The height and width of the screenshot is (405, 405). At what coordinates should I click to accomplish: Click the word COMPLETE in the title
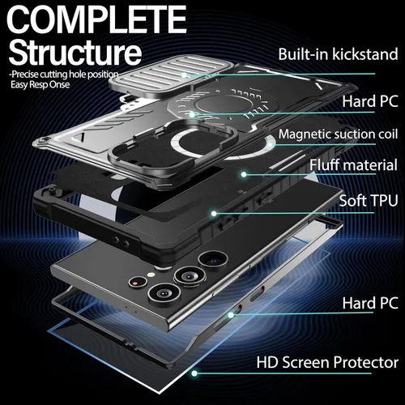pyautogui.click(x=97, y=19)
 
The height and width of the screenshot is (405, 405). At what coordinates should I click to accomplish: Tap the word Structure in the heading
pyautogui.click(x=75, y=52)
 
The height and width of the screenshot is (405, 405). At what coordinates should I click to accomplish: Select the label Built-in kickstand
pyautogui.click(x=338, y=54)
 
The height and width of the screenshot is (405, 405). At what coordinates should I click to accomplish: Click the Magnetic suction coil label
pyautogui.click(x=338, y=134)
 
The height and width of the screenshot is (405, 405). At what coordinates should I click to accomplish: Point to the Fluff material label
pyautogui.click(x=353, y=164)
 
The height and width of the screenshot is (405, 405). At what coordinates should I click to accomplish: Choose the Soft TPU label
pyautogui.click(x=369, y=200)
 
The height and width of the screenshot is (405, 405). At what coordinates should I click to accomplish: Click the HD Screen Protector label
pyautogui.click(x=327, y=362)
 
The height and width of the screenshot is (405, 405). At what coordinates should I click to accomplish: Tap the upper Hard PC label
pyautogui.click(x=370, y=101)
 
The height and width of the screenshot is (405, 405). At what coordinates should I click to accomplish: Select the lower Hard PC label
pyautogui.click(x=370, y=303)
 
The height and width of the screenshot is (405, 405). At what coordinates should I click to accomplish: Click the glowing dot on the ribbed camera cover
pyautogui.click(x=184, y=75)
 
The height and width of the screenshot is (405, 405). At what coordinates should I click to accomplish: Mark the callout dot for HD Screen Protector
pyautogui.click(x=194, y=373)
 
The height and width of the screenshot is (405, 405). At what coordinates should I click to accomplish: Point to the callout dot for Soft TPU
pyautogui.click(x=214, y=214)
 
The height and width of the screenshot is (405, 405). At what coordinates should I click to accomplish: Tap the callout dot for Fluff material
pyautogui.click(x=244, y=174)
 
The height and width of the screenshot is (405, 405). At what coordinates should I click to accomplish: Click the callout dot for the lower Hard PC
pyautogui.click(x=231, y=315)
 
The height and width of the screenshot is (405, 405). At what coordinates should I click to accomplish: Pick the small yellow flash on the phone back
pyautogui.click(x=151, y=275)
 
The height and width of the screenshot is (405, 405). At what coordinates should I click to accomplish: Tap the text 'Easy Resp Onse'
pyautogui.click(x=40, y=85)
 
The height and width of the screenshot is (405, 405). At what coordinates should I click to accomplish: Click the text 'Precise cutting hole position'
pyautogui.click(x=64, y=75)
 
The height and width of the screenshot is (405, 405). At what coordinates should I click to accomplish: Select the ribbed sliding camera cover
pyautogui.click(x=170, y=75)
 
